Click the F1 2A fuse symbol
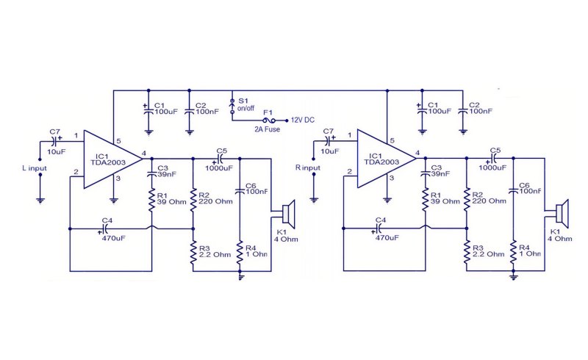click(268, 120)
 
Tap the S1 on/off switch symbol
click(232, 106)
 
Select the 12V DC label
click(303, 120)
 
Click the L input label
click(35, 168)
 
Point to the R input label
click(308, 168)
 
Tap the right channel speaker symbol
click(562, 213)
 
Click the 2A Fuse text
click(267, 129)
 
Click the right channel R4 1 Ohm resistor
click(513, 251)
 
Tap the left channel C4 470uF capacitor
click(105, 228)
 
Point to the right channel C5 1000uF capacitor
click(493, 158)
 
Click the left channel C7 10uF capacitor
click(54, 141)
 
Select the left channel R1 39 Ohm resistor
click(152, 199)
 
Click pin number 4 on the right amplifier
click(417, 153)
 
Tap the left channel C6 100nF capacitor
click(240, 191)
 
